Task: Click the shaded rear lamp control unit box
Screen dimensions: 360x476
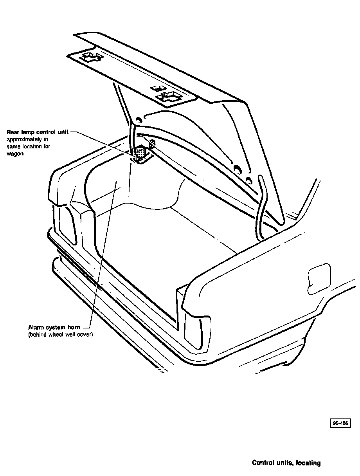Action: click(140, 152)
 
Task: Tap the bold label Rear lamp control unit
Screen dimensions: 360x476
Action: click(38, 132)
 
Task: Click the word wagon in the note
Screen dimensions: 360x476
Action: click(15, 154)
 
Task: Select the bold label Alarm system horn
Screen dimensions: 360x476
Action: click(54, 327)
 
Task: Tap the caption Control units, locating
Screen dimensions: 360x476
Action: click(286, 463)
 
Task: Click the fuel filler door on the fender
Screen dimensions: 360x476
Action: click(319, 278)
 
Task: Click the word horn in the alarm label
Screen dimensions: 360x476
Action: click(74, 327)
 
